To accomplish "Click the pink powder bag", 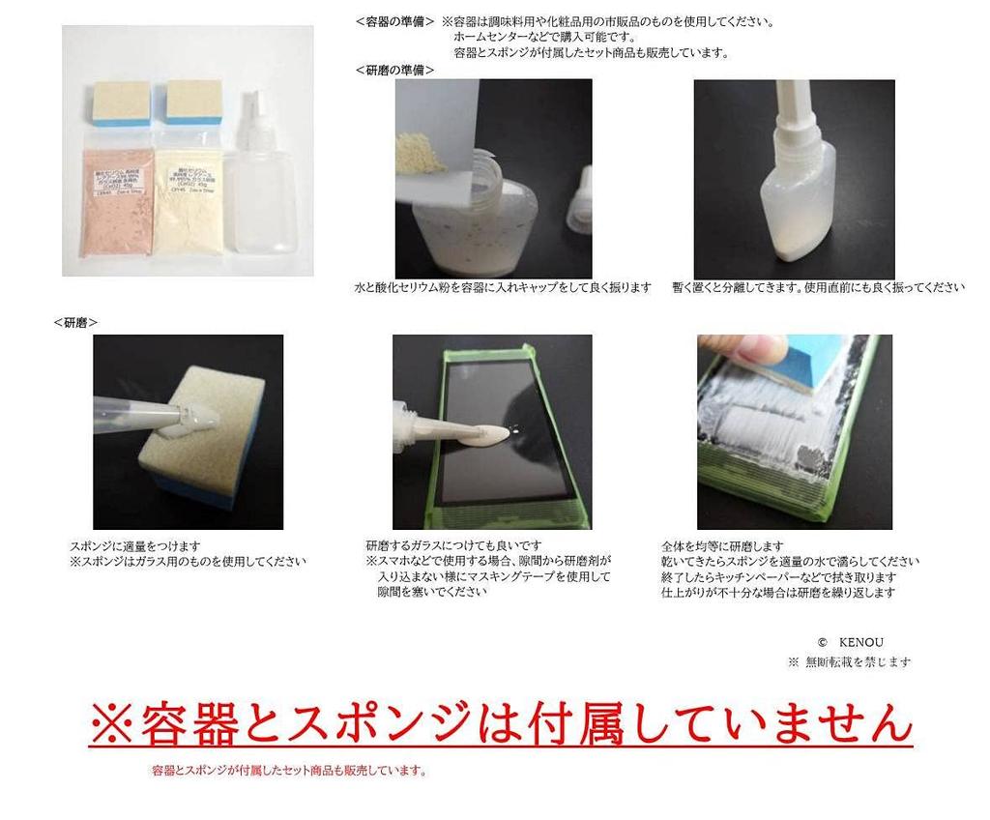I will coord(117,200).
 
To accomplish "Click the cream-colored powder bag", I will coord(189,200).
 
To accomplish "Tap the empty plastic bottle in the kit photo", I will coord(260,189).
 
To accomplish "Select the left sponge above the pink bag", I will coord(122,102).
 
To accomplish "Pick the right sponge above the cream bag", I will coord(193,102).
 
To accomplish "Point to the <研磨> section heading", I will coord(75,322).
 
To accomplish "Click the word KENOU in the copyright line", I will coord(860,642).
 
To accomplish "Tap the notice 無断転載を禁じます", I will coord(856,662).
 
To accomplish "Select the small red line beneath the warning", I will coord(289,771).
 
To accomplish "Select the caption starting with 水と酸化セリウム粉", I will coord(503,287).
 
